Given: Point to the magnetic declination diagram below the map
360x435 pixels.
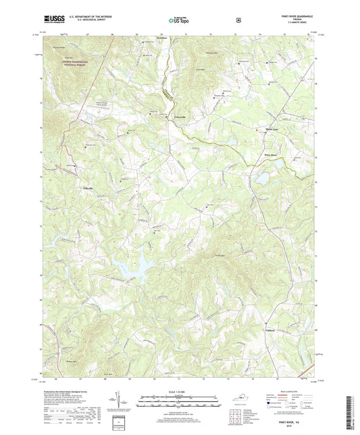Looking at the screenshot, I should coord(126,403).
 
